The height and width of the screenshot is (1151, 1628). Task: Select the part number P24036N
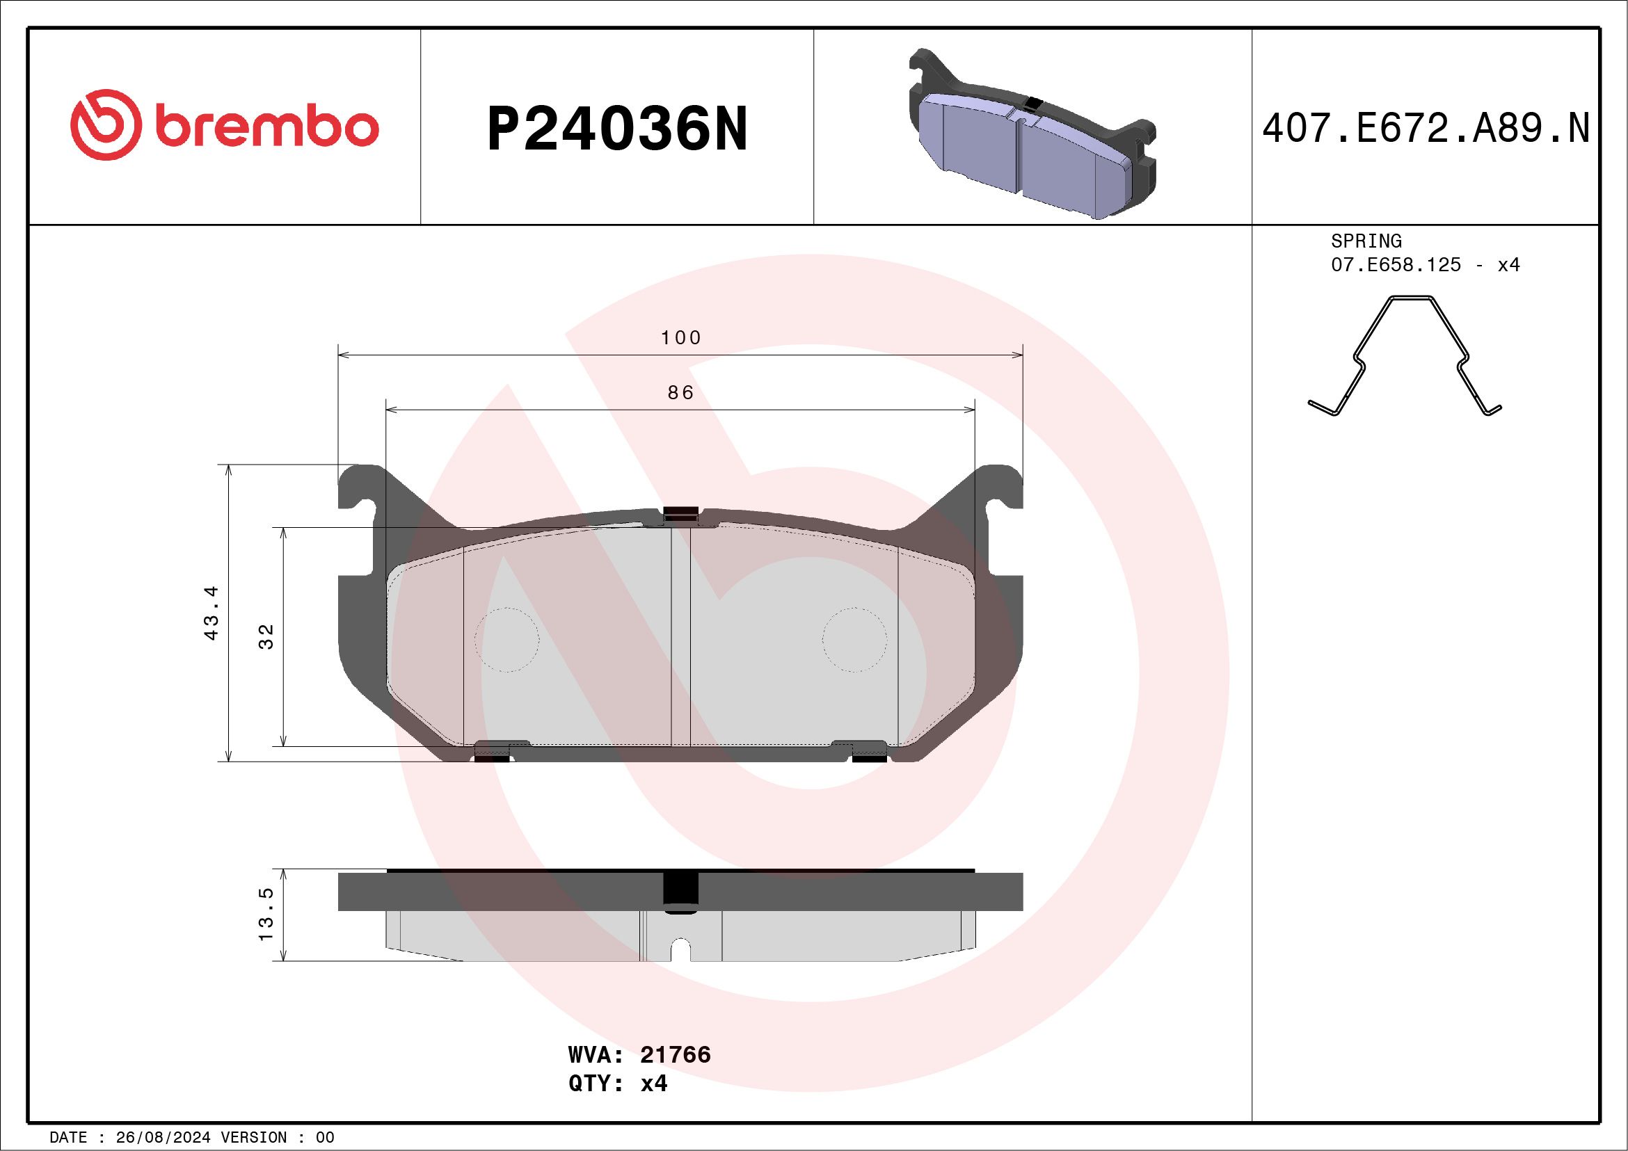[617, 129]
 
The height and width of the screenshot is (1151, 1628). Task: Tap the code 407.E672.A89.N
[1426, 129]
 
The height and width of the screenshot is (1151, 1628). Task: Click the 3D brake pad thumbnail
[1032, 135]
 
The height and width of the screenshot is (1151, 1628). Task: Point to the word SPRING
[1366, 241]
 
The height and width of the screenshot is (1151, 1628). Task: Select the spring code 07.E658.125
[1396, 265]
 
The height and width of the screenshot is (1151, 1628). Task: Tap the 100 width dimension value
[680, 338]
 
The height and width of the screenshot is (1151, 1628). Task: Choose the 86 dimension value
[680, 393]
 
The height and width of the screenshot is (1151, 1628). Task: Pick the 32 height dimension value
[266, 636]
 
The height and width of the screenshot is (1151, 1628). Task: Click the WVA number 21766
[675, 1055]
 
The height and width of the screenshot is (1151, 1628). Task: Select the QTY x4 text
[618, 1084]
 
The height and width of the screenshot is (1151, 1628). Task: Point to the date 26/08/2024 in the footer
[162, 1138]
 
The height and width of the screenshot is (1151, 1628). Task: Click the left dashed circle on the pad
[506, 640]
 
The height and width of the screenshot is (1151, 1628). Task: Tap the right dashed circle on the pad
[854, 640]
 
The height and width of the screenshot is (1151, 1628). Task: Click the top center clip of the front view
[680, 515]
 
